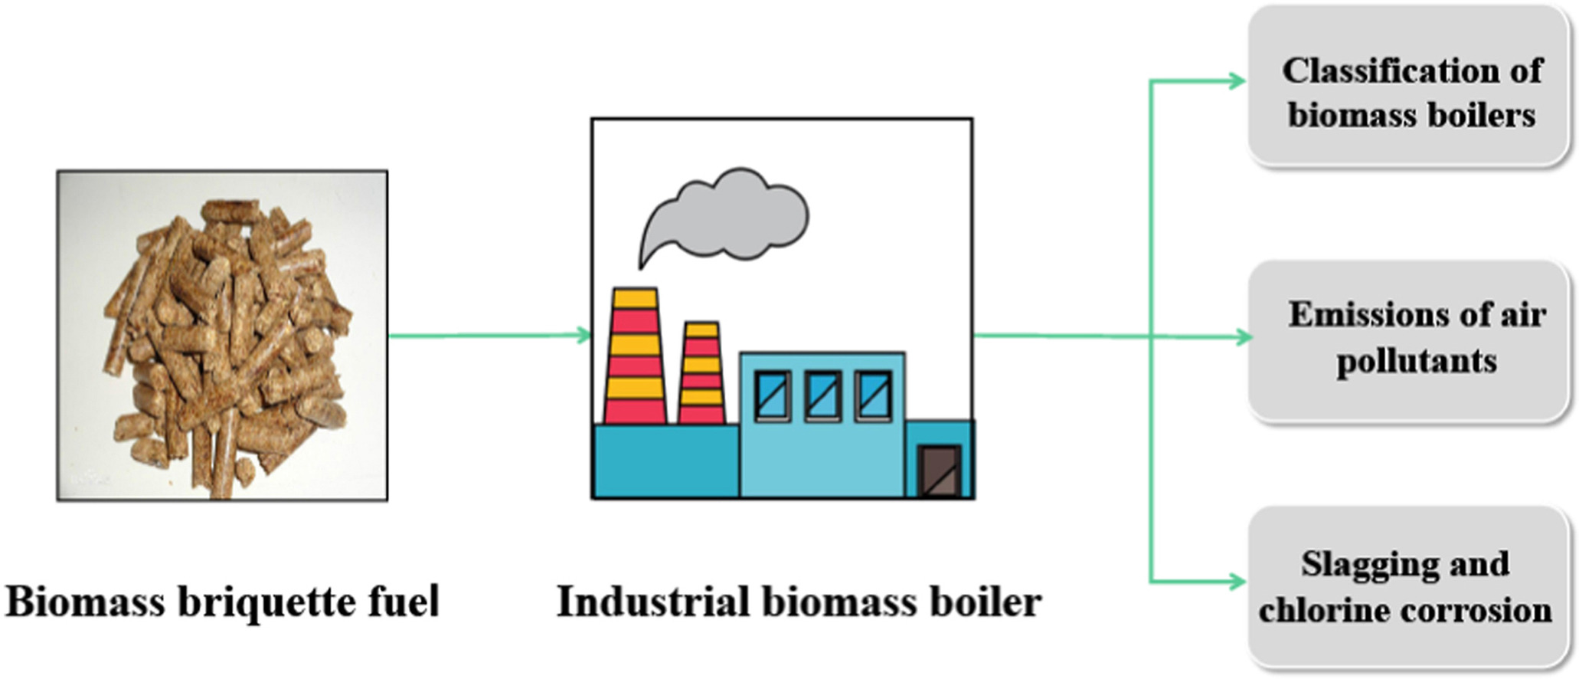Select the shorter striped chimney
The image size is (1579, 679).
[x=701, y=373]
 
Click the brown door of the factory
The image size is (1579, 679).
[x=940, y=471]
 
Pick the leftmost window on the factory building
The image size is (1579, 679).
[x=773, y=395]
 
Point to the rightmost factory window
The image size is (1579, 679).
[x=873, y=395]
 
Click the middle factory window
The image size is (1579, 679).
[x=822, y=395]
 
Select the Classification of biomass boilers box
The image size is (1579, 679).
[x=1408, y=85]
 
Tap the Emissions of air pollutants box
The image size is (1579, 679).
[x=1408, y=339]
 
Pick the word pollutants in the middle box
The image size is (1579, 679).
[x=1416, y=361]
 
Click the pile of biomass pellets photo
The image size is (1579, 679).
[x=222, y=336]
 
